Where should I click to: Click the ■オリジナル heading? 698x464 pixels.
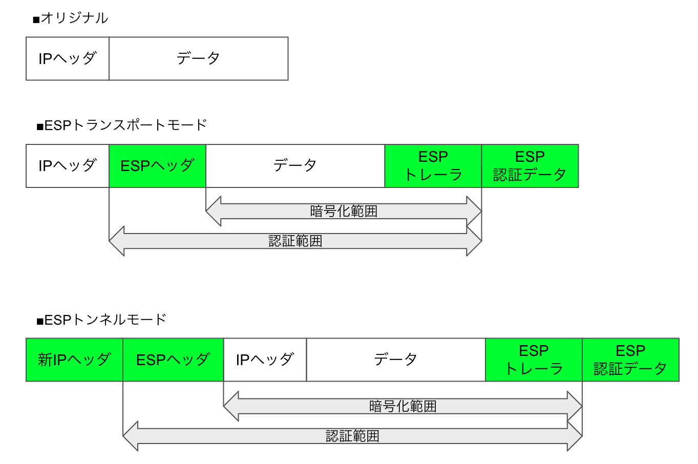(x=70, y=18)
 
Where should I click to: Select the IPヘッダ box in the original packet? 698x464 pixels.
(x=68, y=58)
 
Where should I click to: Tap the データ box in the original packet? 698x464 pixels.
(x=198, y=58)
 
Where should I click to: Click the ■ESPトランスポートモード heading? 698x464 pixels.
(x=121, y=125)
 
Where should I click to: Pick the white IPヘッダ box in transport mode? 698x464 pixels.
(x=68, y=166)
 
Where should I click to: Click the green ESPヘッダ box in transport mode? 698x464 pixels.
(x=157, y=166)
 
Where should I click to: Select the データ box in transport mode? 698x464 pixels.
(x=295, y=166)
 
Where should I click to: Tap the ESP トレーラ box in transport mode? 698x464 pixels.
(x=433, y=166)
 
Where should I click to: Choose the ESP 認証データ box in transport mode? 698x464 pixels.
(x=530, y=166)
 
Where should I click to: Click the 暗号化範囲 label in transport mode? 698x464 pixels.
(x=344, y=211)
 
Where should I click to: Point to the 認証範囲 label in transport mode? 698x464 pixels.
(x=295, y=241)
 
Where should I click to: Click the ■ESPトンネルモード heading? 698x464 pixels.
(x=101, y=320)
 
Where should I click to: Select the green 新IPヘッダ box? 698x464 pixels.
(x=74, y=360)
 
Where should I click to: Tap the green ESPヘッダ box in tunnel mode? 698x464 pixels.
(x=173, y=360)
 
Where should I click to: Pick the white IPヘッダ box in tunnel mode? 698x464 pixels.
(x=265, y=360)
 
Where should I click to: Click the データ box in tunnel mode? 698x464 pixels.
(x=395, y=360)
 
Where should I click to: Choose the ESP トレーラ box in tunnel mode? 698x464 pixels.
(x=534, y=360)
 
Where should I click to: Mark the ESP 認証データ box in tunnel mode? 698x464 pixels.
(x=630, y=360)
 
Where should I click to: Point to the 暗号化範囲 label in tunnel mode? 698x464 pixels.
(x=403, y=406)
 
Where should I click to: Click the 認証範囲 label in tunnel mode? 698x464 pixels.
(x=352, y=436)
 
